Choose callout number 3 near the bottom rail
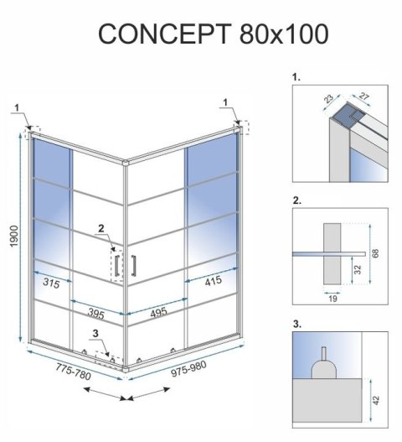(x=96, y=334)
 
